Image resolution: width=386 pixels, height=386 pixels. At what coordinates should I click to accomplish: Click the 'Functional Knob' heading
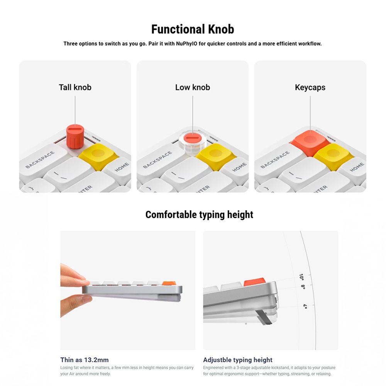[193, 29]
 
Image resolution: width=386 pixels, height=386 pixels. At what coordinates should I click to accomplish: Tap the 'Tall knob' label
[75, 87]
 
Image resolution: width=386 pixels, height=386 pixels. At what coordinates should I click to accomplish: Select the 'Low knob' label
[193, 87]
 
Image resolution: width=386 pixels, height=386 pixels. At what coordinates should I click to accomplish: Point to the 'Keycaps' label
[310, 88]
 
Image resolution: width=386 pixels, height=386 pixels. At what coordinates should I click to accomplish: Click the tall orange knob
[75, 137]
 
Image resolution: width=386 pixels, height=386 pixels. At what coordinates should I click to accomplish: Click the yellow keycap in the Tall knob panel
[98, 156]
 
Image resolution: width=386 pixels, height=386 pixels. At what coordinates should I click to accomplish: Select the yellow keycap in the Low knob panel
[216, 156]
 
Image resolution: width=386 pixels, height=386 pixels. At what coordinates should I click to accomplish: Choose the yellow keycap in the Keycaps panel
[333, 156]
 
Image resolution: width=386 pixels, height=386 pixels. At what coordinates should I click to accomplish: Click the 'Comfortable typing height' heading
[199, 215]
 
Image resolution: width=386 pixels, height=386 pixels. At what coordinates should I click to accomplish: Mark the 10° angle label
[301, 277]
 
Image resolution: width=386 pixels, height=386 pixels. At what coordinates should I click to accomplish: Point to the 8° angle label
[303, 287]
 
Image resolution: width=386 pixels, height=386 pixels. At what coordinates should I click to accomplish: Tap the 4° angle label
[305, 306]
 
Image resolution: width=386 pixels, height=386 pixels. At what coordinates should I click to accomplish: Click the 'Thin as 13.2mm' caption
[85, 360]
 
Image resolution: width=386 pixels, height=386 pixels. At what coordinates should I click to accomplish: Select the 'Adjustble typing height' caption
[238, 360]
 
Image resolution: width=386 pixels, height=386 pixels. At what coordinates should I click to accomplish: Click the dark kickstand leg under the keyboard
[263, 318]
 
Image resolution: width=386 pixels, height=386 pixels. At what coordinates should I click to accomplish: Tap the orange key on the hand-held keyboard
[169, 284]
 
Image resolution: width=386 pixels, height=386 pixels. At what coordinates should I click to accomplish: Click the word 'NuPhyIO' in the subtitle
[186, 44]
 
